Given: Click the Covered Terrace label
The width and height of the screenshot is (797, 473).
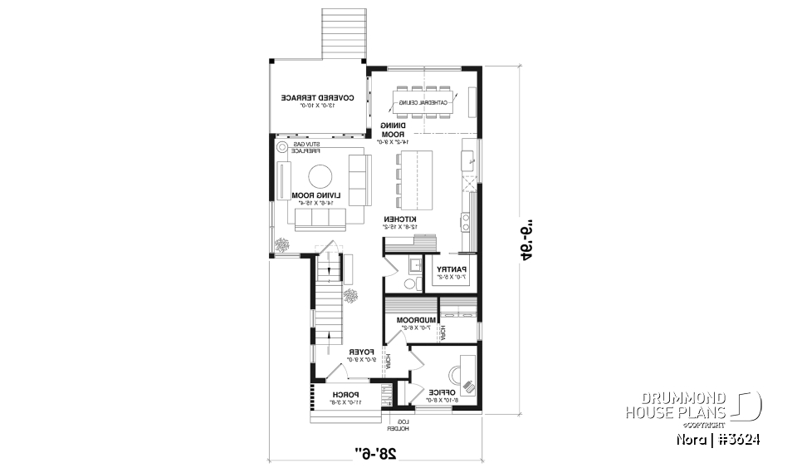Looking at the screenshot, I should pyautogui.click(x=317, y=98).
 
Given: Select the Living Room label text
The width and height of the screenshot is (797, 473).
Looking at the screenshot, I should pyautogui.click(x=307, y=196).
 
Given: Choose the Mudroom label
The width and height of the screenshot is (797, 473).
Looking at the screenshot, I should pyautogui.click(x=417, y=320).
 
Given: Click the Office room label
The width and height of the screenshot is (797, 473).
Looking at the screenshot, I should pyautogui.click(x=438, y=392).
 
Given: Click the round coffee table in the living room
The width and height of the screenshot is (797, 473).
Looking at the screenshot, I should pyautogui.click(x=321, y=177).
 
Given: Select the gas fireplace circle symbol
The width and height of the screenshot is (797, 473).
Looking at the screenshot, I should pyautogui.click(x=282, y=148).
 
